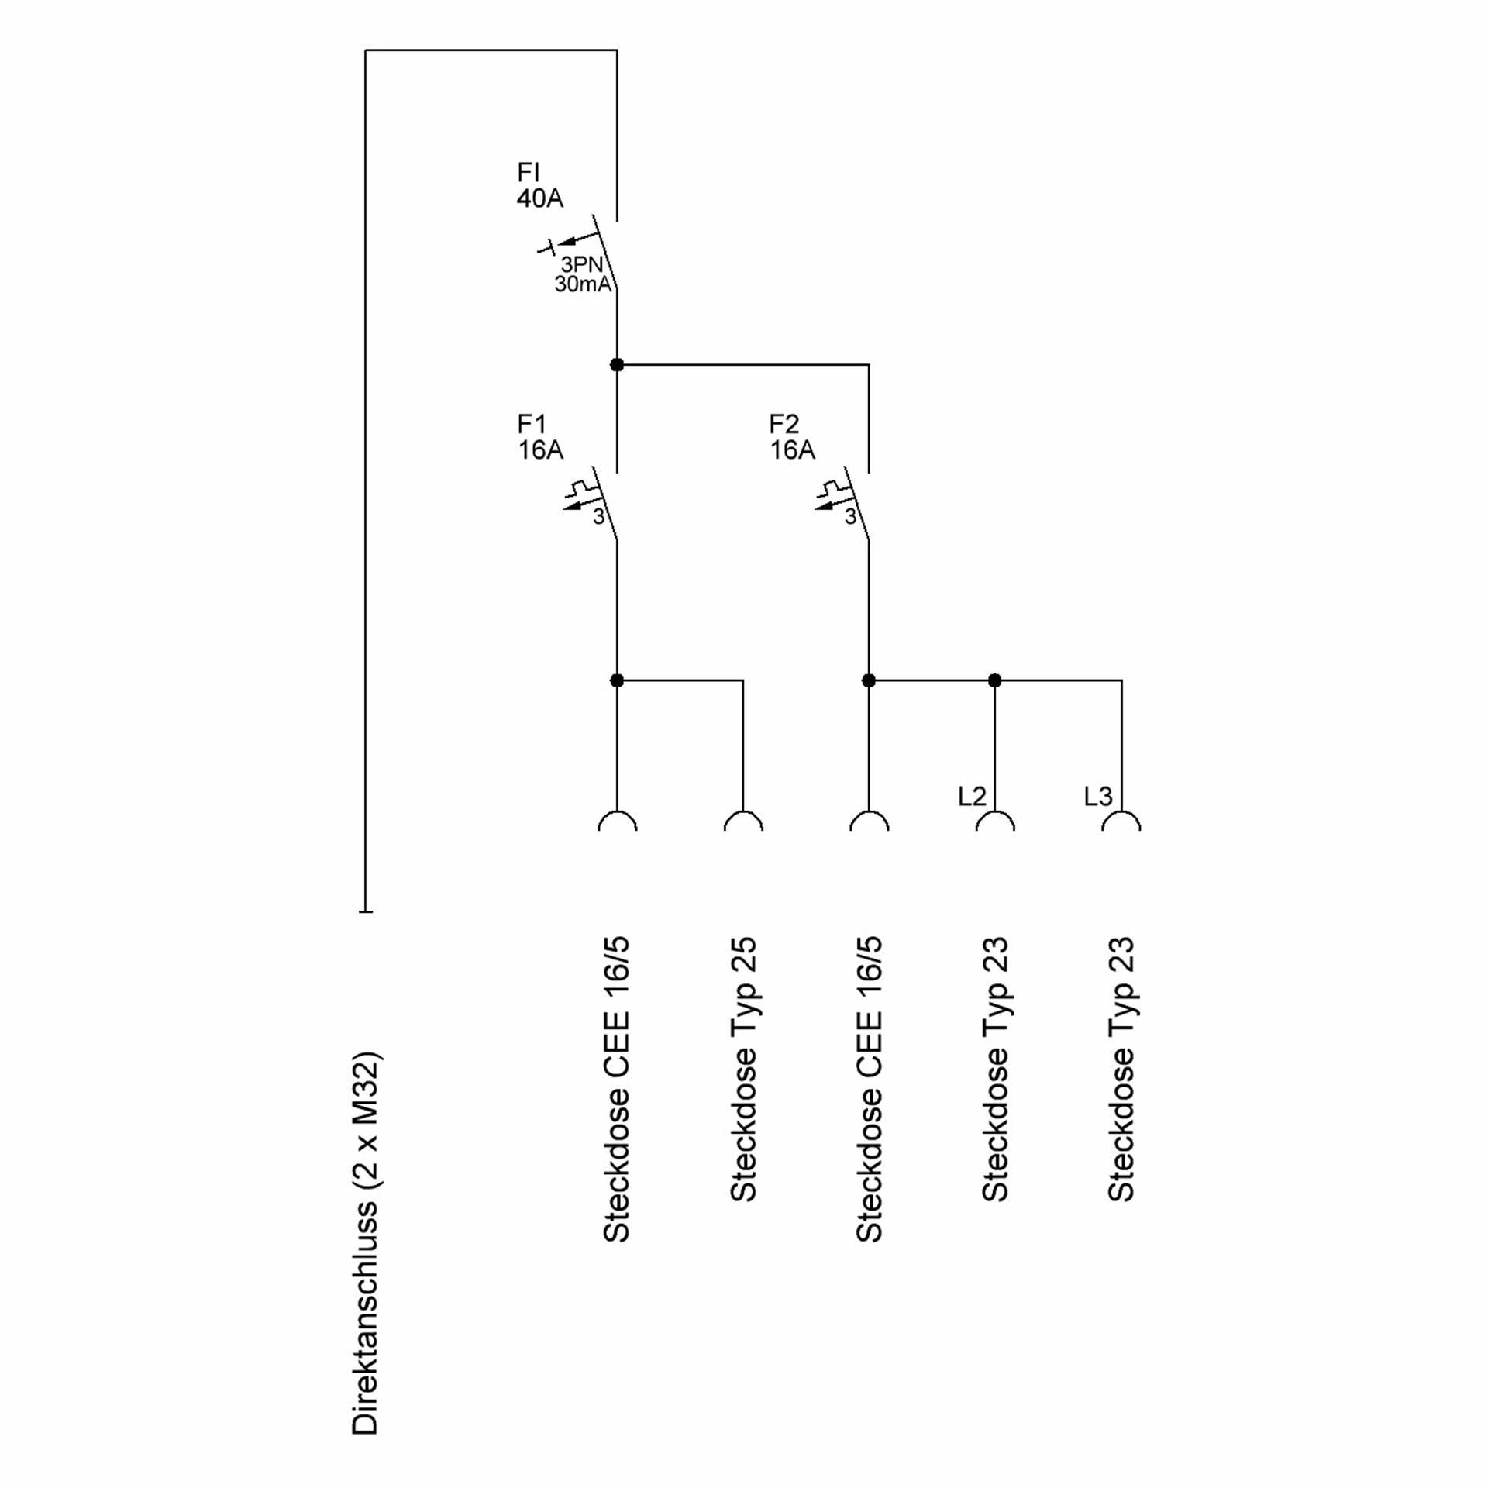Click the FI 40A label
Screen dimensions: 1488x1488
click(x=540, y=185)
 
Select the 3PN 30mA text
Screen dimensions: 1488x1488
click(x=583, y=274)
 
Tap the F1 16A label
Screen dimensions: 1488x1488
click(x=540, y=437)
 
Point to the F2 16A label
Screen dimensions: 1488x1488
click(x=792, y=437)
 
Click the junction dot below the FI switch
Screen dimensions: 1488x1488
click(x=617, y=364)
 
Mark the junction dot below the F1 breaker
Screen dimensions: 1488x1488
click(x=617, y=680)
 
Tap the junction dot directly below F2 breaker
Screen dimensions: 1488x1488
click(x=869, y=680)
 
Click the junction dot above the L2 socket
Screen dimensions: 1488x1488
click(x=995, y=680)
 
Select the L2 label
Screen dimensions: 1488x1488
click(x=972, y=796)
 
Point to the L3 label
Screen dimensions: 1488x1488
click(x=1098, y=796)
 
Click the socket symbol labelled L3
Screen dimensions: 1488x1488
click(x=1121, y=821)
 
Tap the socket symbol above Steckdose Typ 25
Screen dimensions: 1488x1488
click(x=743, y=821)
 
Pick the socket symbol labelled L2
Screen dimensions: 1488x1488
click(x=995, y=821)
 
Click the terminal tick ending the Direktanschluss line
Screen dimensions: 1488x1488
click(x=366, y=911)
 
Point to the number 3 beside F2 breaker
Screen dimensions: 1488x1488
click(x=850, y=517)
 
